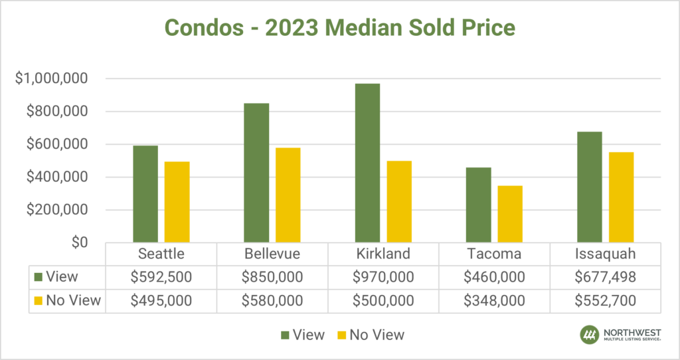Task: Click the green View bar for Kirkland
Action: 367,163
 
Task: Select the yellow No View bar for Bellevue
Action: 288,195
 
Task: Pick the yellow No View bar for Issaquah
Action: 621,197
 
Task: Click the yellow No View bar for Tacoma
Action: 510,214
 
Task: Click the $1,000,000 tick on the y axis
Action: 51,79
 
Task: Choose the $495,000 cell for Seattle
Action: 160,300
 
